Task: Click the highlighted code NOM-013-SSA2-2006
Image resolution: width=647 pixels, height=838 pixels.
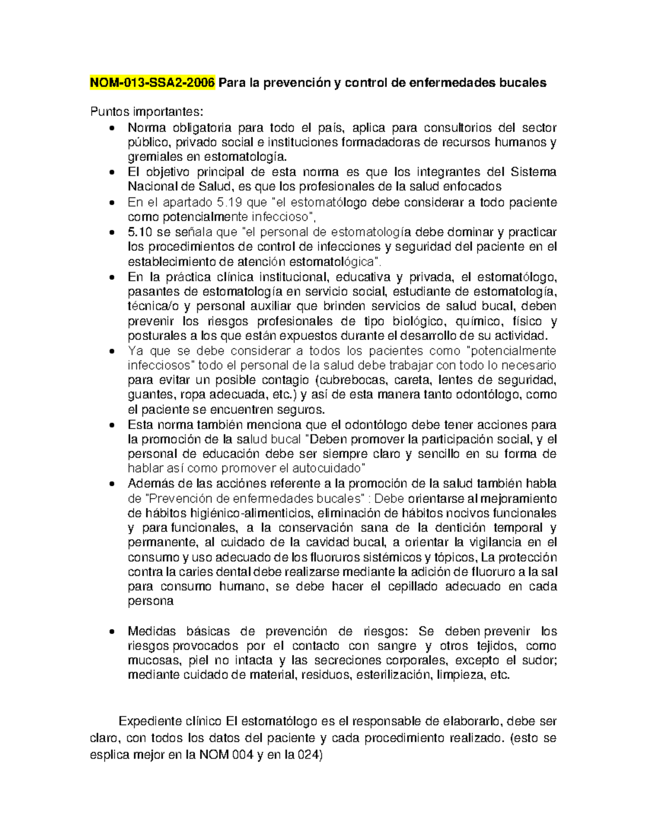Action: point(153,83)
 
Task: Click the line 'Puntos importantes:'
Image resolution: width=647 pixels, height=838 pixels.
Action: point(147,112)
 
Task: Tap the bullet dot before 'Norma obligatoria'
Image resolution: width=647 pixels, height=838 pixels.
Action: point(112,128)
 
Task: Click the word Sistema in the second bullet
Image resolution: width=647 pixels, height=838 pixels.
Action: point(533,172)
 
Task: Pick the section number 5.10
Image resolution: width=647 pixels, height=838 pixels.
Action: point(140,233)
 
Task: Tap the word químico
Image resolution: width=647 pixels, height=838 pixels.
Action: point(478,322)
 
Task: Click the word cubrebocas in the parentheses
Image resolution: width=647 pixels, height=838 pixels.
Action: point(352,380)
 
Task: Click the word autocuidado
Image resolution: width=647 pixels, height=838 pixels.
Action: point(331,468)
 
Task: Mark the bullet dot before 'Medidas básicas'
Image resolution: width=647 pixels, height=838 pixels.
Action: point(112,632)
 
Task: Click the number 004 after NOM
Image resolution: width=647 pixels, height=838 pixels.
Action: point(243,755)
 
